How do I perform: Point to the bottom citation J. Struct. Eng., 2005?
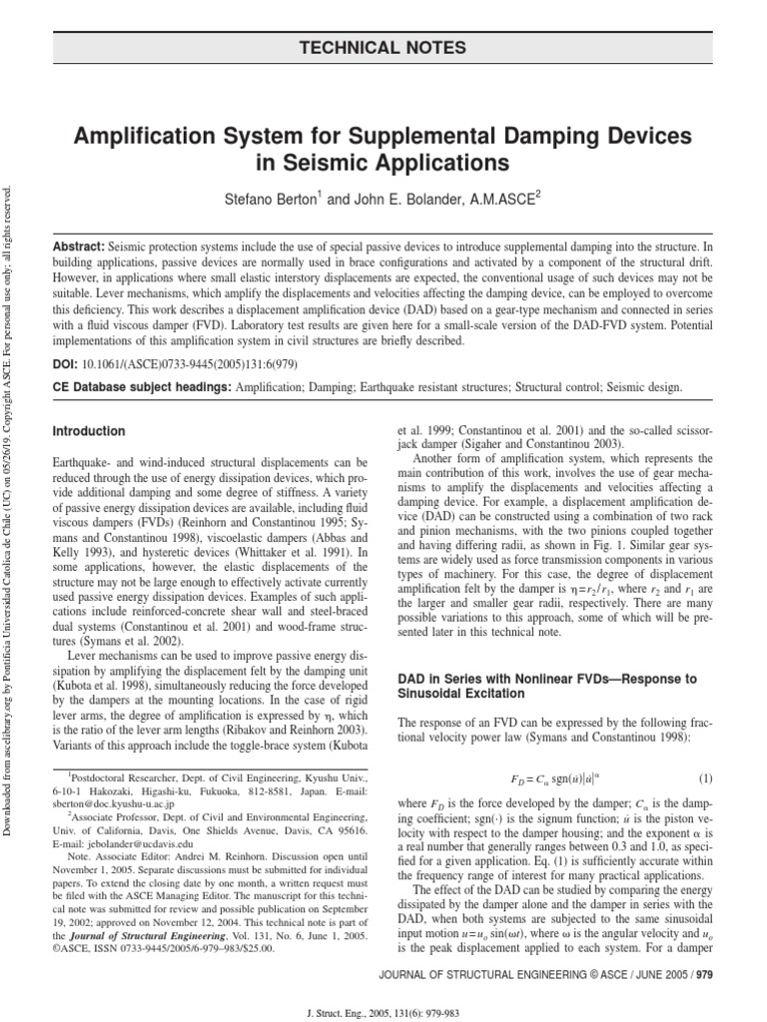coord(383,1011)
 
